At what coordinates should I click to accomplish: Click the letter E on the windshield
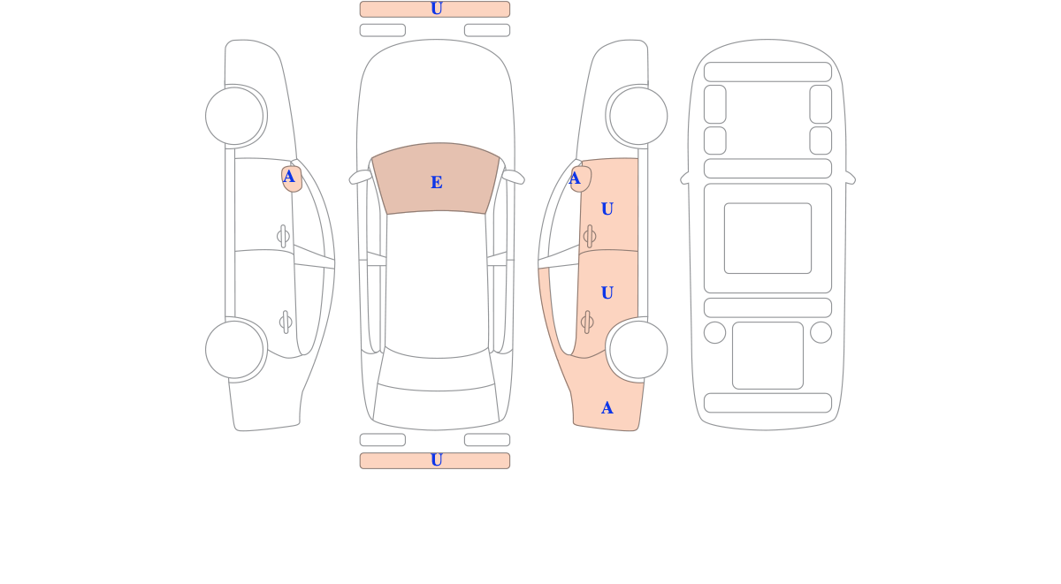[x=436, y=182]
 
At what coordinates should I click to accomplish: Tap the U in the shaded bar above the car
[x=436, y=9]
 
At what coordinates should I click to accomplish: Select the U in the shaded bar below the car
[x=436, y=460]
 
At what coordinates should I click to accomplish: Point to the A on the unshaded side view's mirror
[x=288, y=177]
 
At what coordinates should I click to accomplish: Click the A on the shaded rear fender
[x=607, y=408]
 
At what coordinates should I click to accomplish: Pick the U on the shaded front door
[x=607, y=209]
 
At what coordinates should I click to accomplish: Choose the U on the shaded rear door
[x=607, y=293]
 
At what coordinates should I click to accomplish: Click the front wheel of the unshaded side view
[x=234, y=116]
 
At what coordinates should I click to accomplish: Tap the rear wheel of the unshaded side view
[x=234, y=350]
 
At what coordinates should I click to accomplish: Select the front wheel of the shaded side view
[x=638, y=116]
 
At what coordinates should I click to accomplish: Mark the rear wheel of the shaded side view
[x=638, y=350]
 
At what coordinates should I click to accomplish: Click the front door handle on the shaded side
[x=590, y=236]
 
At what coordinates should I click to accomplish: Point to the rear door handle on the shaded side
[x=587, y=322]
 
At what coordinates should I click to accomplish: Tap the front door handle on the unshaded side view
[x=283, y=236]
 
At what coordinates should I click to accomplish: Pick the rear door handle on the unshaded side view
[x=286, y=322]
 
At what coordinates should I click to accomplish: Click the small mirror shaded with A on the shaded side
[x=581, y=178]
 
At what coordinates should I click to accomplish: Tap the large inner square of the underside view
[x=767, y=238]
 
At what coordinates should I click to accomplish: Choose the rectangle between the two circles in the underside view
[x=767, y=355]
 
